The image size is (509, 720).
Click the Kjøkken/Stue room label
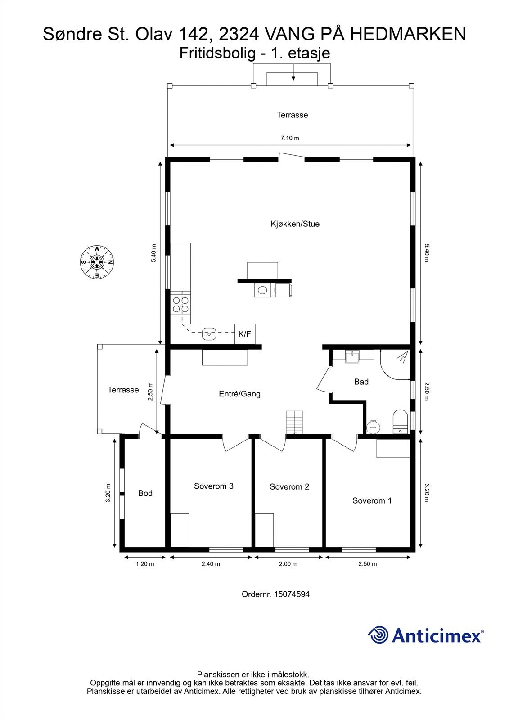[x=295, y=224]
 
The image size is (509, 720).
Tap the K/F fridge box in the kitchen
[x=245, y=334]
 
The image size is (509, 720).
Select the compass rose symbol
[x=97, y=262]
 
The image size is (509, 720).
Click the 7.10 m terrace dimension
[x=290, y=138]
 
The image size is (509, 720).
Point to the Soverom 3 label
[x=213, y=486]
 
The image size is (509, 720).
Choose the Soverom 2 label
[x=289, y=487]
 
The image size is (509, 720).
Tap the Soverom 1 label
[x=372, y=500]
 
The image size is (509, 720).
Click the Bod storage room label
[x=145, y=493]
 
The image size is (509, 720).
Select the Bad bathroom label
[x=361, y=382]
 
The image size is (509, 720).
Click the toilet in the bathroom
[x=400, y=421]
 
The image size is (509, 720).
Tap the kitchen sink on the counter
[x=209, y=334]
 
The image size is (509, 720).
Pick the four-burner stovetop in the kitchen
[x=180, y=305]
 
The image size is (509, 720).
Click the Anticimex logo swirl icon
[x=378, y=635]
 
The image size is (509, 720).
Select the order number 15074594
[x=275, y=594]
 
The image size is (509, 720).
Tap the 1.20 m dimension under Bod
[x=145, y=564]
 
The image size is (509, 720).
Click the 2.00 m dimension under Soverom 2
[x=288, y=564]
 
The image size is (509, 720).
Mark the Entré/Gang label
[x=239, y=394]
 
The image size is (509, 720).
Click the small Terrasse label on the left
[x=123, y=390]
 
